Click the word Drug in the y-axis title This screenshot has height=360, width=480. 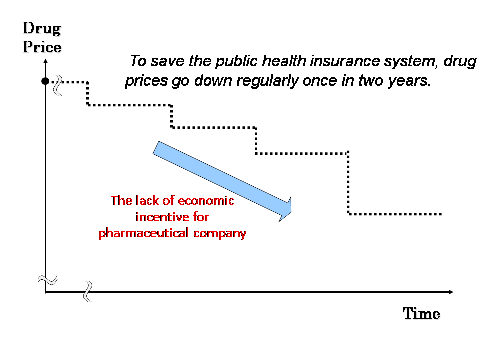coord(42,29)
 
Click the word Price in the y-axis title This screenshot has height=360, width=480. coord(42,47)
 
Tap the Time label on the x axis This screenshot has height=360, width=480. coord(421,314)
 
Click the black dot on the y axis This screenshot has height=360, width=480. coord(45,81)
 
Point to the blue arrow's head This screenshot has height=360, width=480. coord(286,209)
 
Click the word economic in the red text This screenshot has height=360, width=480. coord(206,201)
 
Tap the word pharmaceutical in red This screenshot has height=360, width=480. coord(143,233)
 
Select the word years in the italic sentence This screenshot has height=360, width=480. coord(409,81)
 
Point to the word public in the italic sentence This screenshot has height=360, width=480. coord(237,61)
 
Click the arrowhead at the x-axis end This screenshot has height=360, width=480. coord(451,292)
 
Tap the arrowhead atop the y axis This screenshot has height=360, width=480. coord(46,61)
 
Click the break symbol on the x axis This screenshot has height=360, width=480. coord(88,292)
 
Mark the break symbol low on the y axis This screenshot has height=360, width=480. coord(48,280)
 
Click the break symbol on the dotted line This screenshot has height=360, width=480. coord(58,85)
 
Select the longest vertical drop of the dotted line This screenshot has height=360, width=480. coord(348,183)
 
